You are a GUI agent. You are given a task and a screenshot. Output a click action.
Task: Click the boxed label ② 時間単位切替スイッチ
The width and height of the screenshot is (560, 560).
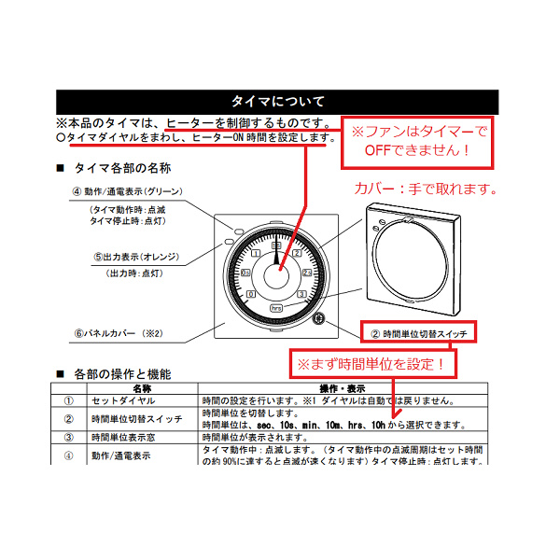[419, 331]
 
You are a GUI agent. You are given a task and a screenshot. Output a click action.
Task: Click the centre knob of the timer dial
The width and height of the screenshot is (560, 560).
[276, 277]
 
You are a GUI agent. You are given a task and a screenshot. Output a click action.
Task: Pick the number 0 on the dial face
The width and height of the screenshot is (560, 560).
[249, 295]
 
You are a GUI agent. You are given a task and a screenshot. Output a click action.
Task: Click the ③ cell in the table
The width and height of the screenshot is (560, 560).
[68, 437]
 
